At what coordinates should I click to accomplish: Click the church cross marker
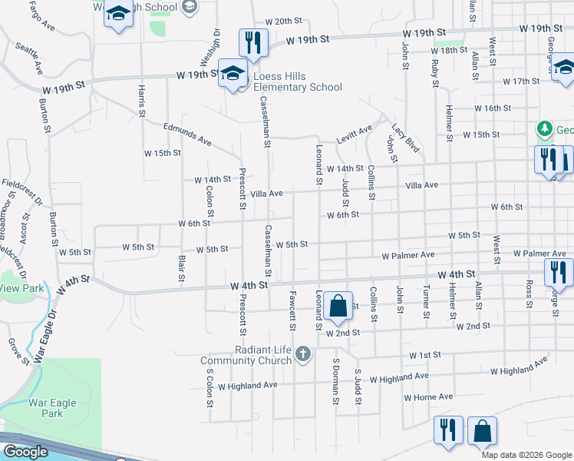coord(303,354)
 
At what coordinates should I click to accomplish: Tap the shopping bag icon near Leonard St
coord(337,306)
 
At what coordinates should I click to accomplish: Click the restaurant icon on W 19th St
coord(252,41)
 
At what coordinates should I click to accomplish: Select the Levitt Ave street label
coord(354,134)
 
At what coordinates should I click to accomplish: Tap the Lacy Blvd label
coord(405,138)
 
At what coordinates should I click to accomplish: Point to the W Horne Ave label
coord(428,397)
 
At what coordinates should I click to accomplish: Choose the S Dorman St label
coord(335,380)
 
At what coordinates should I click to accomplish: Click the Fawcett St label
coord(292,306)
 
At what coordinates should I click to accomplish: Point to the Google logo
coord(25,452)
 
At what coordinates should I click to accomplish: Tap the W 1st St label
coord(425,356)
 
